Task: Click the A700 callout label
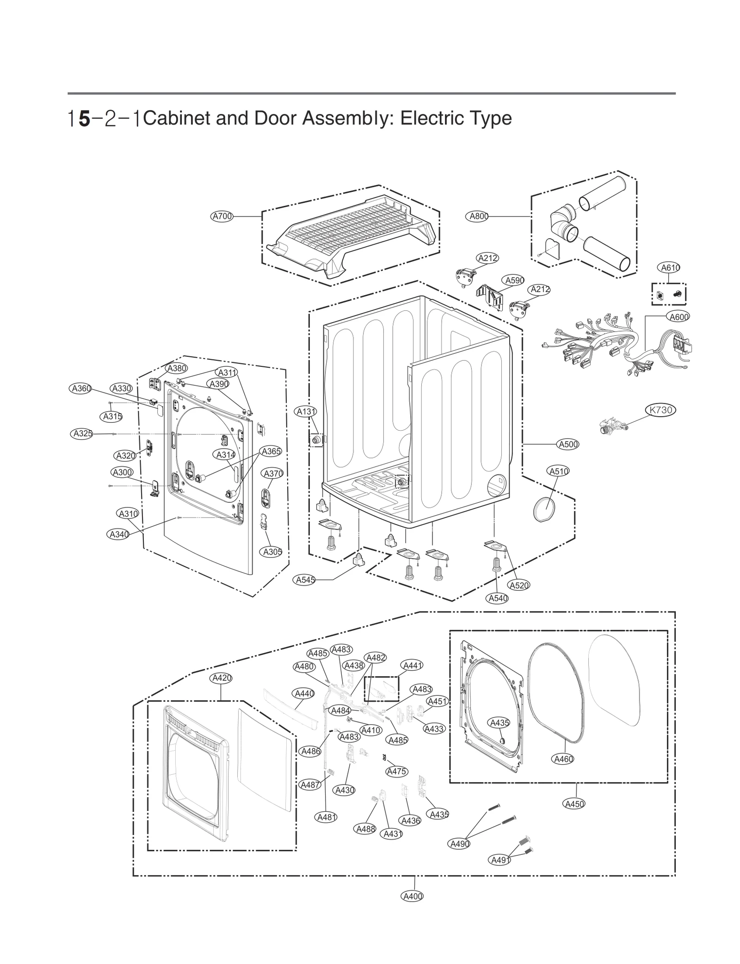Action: point(222,216)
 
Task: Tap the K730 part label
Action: point(660,410)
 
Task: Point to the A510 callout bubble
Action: point(558,471)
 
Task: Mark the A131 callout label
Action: point(306,411)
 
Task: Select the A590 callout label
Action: point(514,280)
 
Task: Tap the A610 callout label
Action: point(669,267)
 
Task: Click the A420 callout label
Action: point(221,678)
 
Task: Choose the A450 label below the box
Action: point(575,803)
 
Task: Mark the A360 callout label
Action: point(81,389)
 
